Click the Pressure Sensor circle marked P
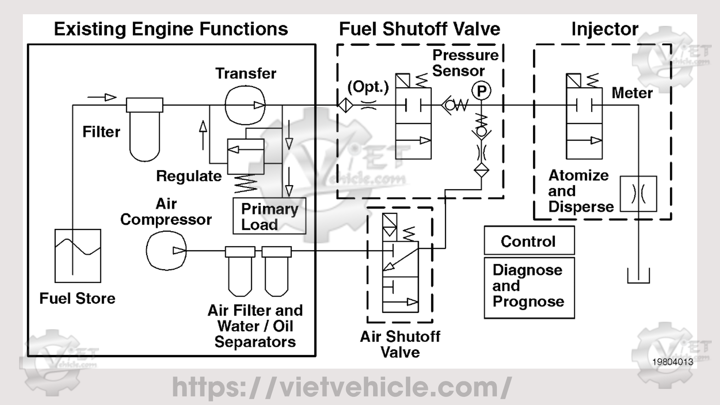(x=481, y=91)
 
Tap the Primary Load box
(x=269, y=216)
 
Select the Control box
(x=529, y=241)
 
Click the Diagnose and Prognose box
(x=529, y=287)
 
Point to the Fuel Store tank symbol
(x=78, y=255)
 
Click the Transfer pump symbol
(x=245, y=105)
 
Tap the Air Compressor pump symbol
(x=166, y=250)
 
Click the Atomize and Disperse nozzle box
(x=638, y=194)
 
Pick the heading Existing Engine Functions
(x=171, y=29)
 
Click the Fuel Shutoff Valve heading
(x=419, y=29)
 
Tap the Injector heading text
(x=604, y=29)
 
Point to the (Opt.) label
(x=368, y=87)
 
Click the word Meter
(x=632, y=93)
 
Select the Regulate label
(x=189, y=176)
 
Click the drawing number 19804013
(x=673, y=362)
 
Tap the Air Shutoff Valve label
(x=400, y=344)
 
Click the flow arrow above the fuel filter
(x=102, y=97)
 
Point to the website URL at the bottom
(x=342, y=387)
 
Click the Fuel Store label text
(x=77, y=298)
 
